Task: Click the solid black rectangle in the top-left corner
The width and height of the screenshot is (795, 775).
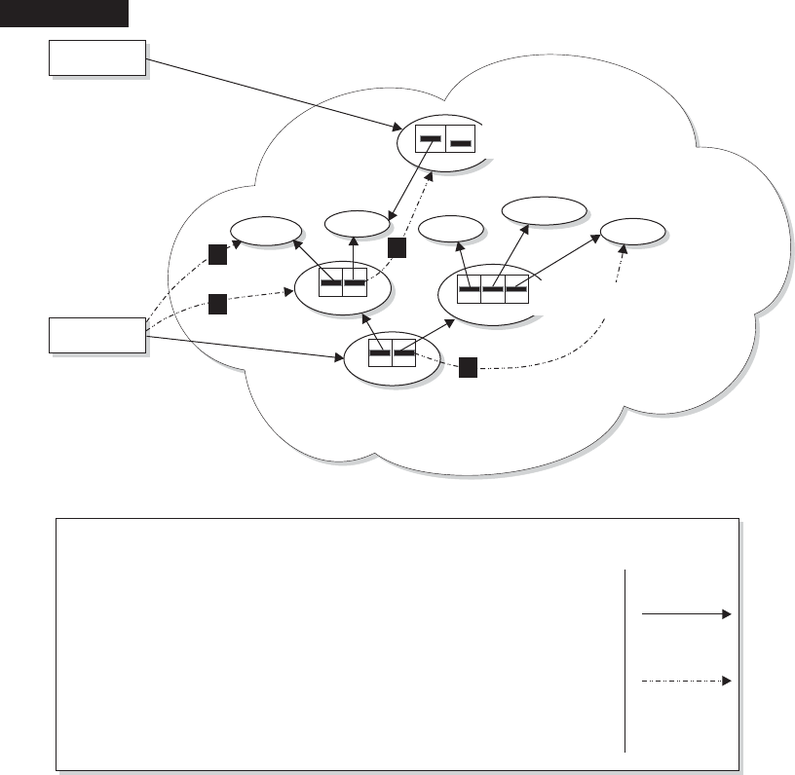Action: [x=64, y=13]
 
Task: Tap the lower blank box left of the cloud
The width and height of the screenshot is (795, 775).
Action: [x=96, y=336]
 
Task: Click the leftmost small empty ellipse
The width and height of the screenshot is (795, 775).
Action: [x=265, y=232]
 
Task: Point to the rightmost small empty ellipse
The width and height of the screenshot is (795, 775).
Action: [x=633, y=233]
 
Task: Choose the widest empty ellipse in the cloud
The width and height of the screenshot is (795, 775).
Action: [x=544, y=210]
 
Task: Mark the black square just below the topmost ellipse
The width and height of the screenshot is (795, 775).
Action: [x=395, y=248]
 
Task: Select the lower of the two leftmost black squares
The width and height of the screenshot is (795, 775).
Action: [x=217, y=304]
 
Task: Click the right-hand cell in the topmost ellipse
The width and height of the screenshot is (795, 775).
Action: [x=461, y=142]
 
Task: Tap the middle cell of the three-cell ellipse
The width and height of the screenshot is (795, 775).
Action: [x=493, y=289]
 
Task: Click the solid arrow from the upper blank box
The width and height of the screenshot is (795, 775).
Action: [x=272, y=93]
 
